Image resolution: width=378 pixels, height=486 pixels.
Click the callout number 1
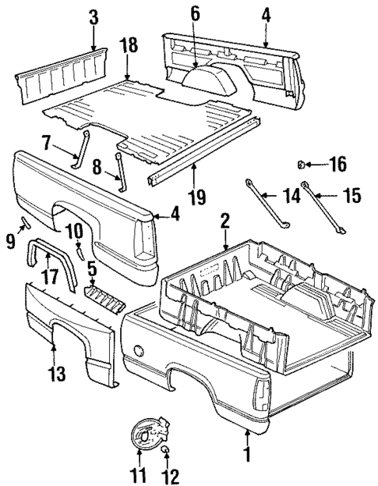click(x=248, y=451)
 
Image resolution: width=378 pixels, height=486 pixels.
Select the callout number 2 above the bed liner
click(x=225, y=223)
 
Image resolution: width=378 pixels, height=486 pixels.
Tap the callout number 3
click(x=94, y=16)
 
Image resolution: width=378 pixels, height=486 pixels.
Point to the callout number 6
click(x=196, y=13)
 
